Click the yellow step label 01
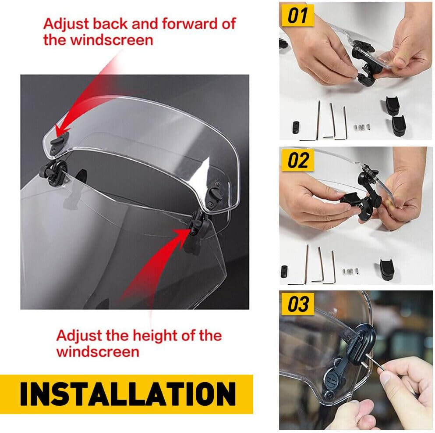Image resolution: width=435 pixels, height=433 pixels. (298, 16)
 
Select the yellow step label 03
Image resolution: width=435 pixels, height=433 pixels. (298, 304)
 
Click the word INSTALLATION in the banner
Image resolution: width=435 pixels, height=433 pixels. (127, 394)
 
